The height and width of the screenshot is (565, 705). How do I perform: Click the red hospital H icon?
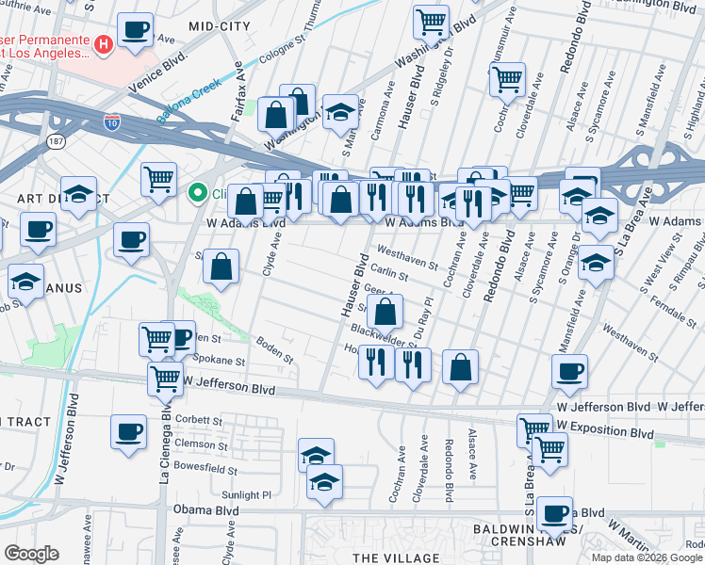pos(104,42)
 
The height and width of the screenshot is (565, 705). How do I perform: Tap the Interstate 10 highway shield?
pos(113,122)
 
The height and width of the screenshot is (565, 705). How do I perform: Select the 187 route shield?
pos(58,141)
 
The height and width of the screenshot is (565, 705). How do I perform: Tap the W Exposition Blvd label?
pos(604,434)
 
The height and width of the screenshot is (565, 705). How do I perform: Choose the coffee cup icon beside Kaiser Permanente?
pos(137,31)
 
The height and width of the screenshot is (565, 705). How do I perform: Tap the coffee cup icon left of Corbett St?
pos(128,431)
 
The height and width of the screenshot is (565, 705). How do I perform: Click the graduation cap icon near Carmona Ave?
pos(340,111)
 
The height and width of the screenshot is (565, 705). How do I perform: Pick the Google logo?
pos(31,554)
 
